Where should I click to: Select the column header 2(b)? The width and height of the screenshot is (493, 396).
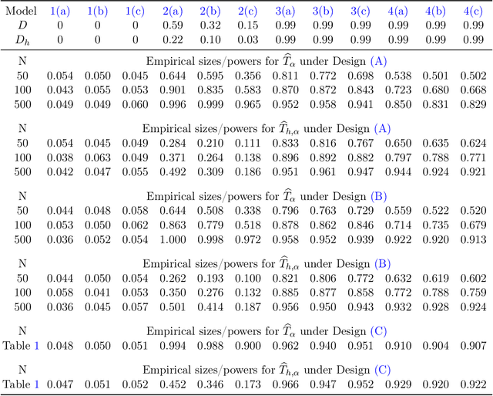[x=210, y=11]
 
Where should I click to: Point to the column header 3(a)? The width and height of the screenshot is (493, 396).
[x=285, y=11]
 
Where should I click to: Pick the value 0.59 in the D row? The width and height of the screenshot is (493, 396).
[x=173, y=25]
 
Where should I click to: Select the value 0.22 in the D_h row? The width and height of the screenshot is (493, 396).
[x=173, y=39]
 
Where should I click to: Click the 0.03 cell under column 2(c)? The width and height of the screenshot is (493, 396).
[x=247, y=39]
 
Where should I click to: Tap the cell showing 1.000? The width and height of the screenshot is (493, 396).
[x=173, y=239]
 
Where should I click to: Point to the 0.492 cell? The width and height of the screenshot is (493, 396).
[x=173, y=172]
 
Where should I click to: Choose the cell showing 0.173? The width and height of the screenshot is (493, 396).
[x=247, y=384]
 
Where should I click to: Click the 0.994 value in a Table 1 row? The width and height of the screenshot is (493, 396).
[x=173, y=345]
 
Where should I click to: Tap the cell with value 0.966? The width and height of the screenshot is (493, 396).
[x=285, y=384]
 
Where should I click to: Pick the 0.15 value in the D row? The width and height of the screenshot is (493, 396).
[x=247, y=25]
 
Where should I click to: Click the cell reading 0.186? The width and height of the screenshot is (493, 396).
[x=247, y=172]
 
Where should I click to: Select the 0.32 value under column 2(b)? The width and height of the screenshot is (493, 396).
[x=210, y=25]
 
